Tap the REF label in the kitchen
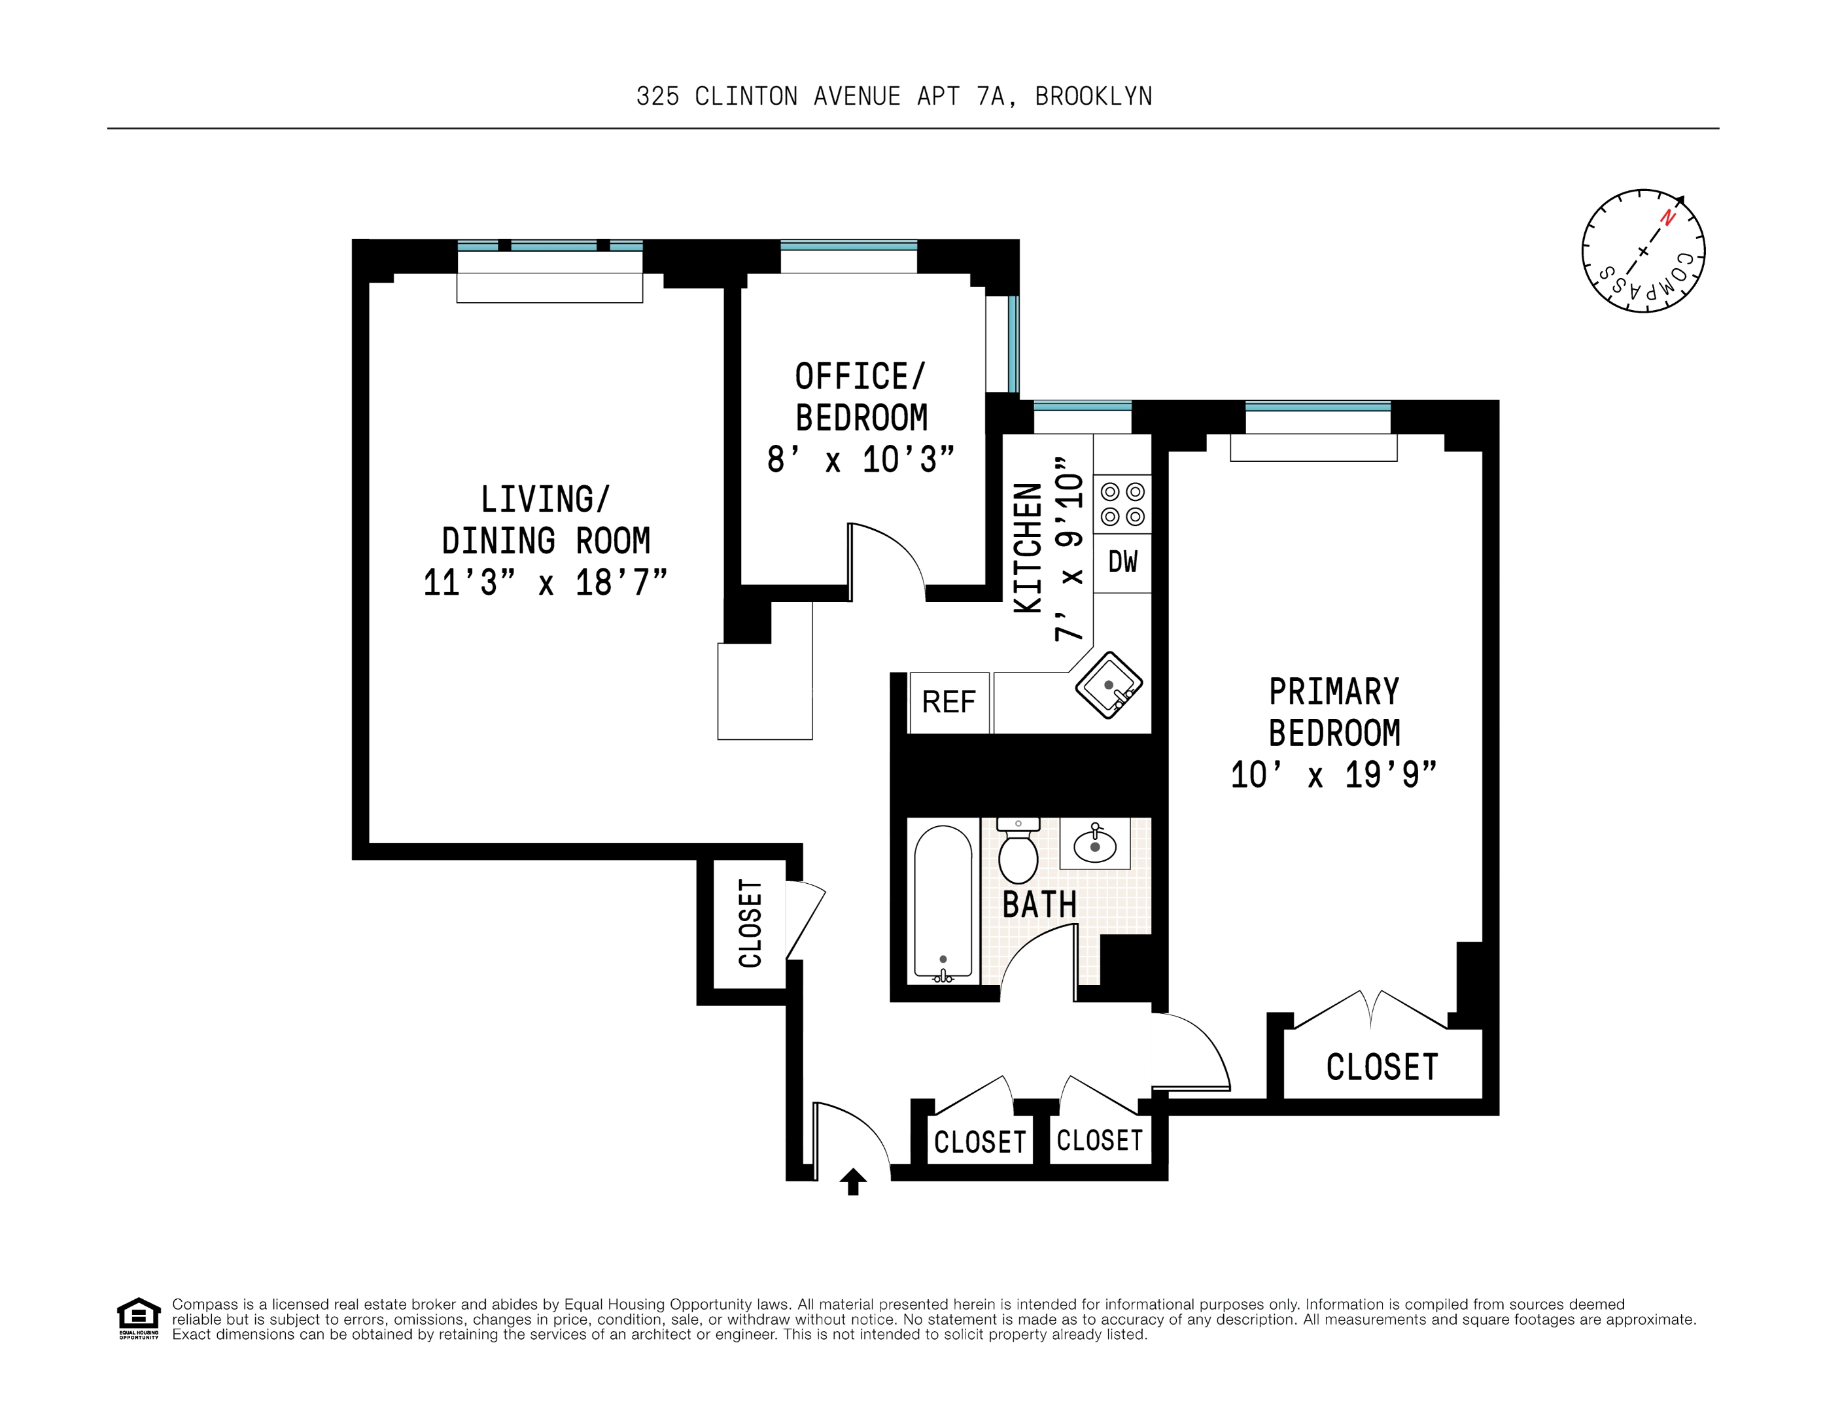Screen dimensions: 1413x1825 coord(948,702)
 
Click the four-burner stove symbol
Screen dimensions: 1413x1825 coord(1122,504)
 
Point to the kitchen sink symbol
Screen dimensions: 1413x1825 coord(1109,685)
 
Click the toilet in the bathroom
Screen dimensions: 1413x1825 coord(1018,852)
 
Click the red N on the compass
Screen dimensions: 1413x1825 coord(1668,218)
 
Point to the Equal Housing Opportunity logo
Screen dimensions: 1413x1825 coord(138,1317)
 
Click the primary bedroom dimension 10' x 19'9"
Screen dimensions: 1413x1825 coord(1333,775)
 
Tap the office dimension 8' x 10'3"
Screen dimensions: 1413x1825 coord(861,460)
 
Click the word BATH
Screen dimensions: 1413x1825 coord(1039,905)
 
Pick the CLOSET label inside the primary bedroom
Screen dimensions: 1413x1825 coord(1382,1067)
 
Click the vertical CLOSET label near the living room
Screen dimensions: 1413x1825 coord(750,923)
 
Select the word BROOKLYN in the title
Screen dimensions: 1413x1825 coord(1093,97)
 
